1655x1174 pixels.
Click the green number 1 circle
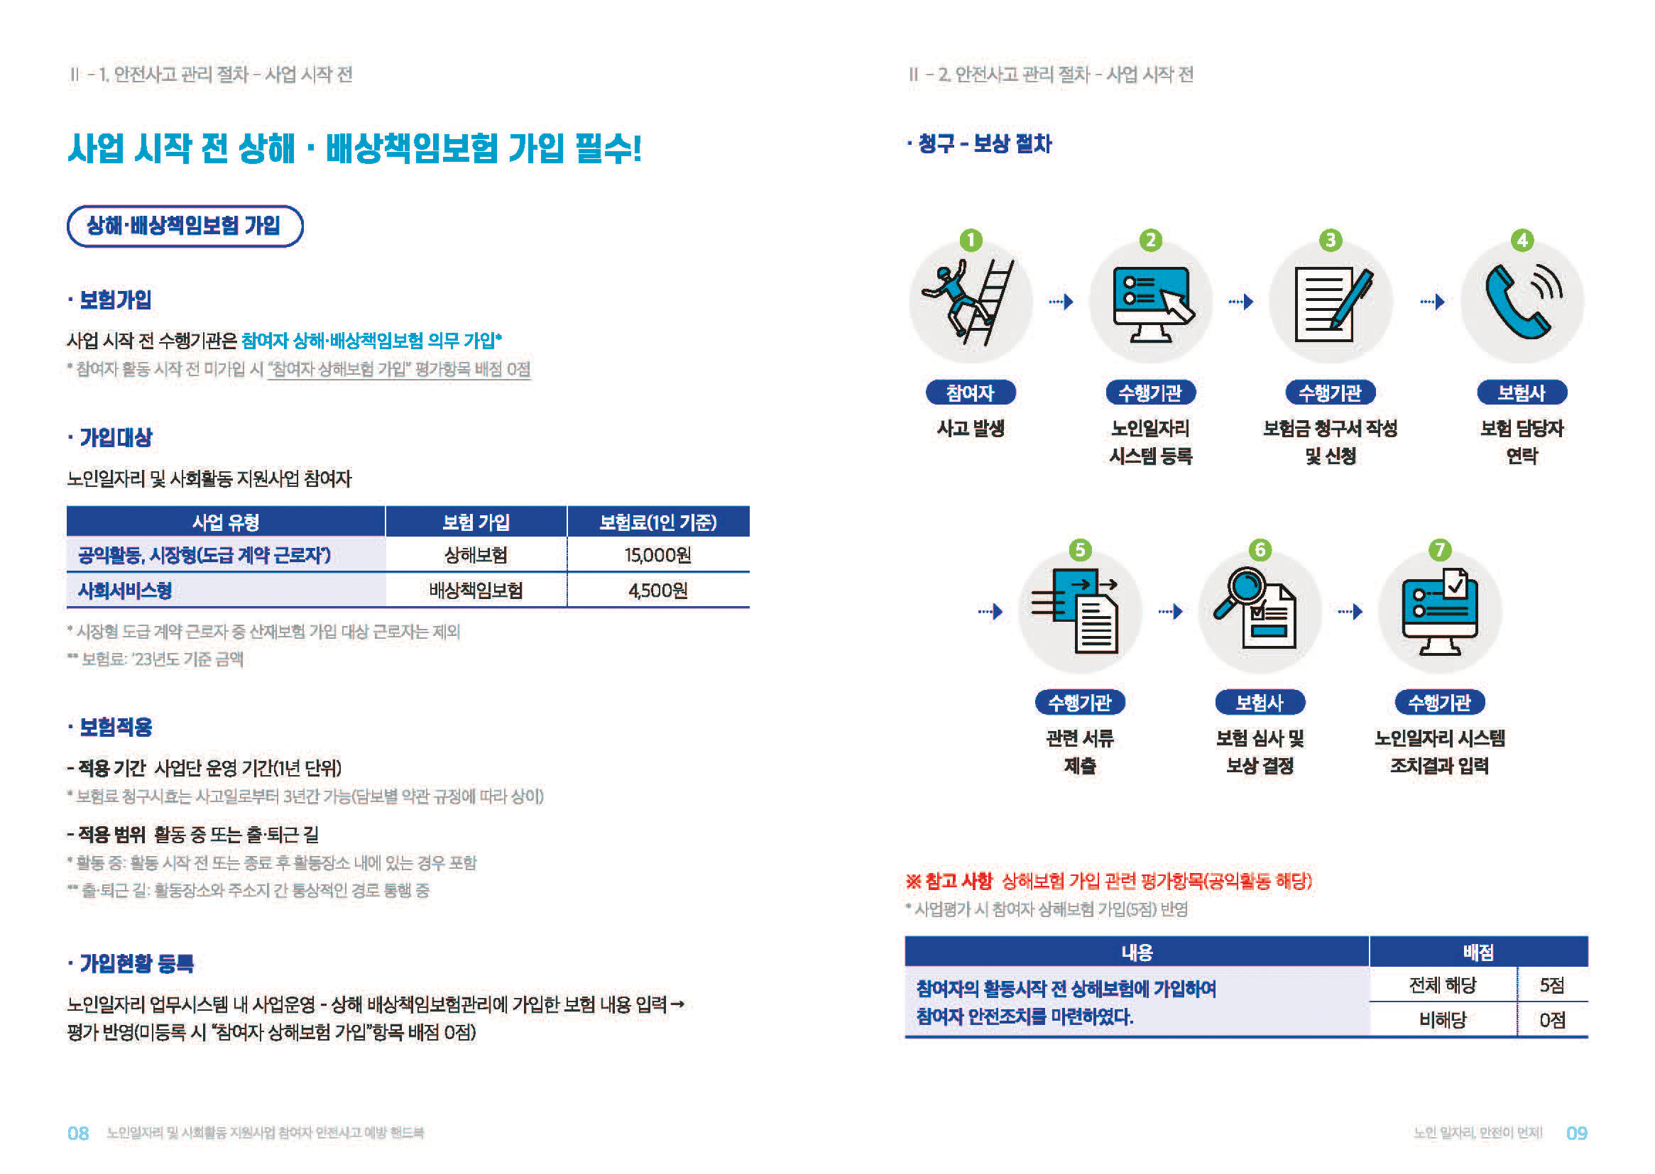coord(971,240)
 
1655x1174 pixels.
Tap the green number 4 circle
coord(1522,240)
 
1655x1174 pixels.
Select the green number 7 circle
coord(1440,550)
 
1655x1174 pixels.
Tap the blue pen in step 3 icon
coord(1350,299)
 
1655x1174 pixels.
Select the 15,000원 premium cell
coord(658,555)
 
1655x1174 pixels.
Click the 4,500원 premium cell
coord(658,591)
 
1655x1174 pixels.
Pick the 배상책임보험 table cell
coord(476,591)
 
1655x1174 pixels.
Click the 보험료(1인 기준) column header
coord(658,522)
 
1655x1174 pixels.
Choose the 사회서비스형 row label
coord(125,591)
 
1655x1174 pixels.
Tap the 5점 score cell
coord(1551,985)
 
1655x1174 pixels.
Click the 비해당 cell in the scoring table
coord(1443,1020)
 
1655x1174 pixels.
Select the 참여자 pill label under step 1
coord(971,393)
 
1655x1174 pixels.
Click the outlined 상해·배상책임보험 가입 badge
coord(185,226)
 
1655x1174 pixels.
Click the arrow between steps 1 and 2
coord(1061,302)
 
